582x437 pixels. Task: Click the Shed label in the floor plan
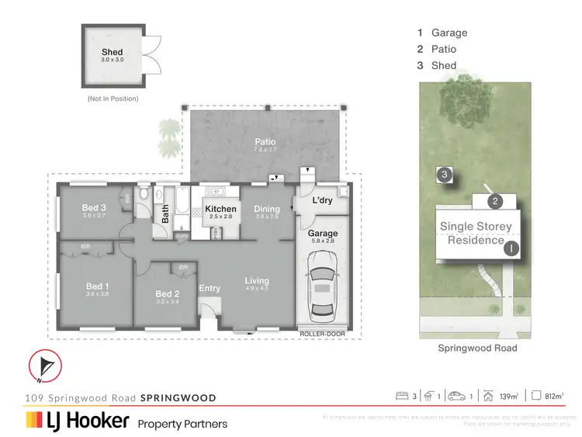[x=112, y=53]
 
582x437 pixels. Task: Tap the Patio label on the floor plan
[x=265, y=142]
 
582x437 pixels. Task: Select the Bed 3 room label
[x=95, y=207]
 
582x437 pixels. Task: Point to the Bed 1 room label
[x=98, y=286]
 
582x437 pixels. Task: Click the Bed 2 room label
[x=168, y=293]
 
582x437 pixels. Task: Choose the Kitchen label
[x=220, y=209]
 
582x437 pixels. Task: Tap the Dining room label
[x=267, y=209]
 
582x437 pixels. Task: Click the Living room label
[x=257, y=280]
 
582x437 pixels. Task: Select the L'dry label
[x=322, y=200]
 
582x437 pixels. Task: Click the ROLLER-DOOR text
[x=322, y=334]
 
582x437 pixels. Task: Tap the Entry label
[x=210, y=288]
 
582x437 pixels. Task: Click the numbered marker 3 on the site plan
[x=444, y=175]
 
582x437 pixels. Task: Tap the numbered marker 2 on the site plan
[x=495, y=202]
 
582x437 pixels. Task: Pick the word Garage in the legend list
[x=450, y=33]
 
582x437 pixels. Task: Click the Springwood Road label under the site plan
[x=477, y=349]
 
